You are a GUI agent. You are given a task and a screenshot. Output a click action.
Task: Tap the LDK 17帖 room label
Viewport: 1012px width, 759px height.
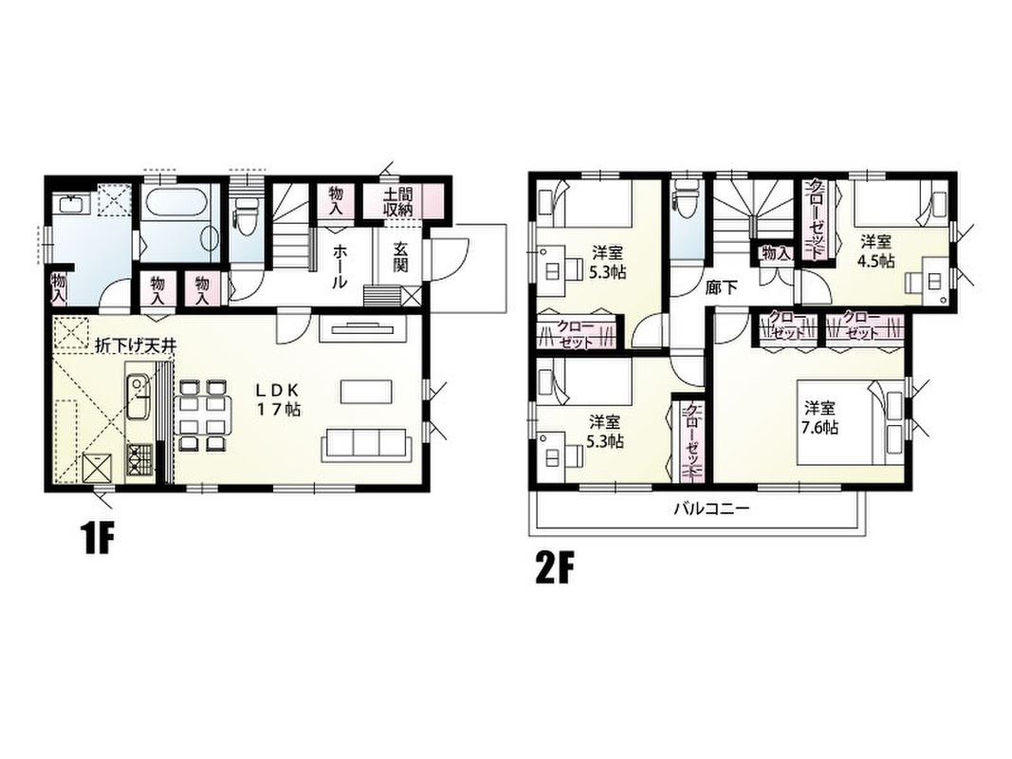[279, 399]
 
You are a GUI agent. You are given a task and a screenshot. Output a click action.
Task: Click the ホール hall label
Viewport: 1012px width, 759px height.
[340, 266]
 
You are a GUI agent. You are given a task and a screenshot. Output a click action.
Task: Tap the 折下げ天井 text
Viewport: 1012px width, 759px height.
[135, 344]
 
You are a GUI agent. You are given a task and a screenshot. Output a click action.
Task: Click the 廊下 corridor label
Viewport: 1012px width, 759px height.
[722, 287]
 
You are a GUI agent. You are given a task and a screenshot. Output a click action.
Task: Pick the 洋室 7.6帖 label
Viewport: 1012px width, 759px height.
[820, 417]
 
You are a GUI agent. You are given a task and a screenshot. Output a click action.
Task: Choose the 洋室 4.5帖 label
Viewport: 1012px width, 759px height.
[875, 251]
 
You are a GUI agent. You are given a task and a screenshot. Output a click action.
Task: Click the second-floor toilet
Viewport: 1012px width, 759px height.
[686, 193]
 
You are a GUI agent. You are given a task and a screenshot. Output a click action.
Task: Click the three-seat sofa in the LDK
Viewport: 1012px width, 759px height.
[366, 445]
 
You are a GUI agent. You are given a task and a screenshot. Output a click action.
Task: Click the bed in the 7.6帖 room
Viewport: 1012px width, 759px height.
[841, 422]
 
